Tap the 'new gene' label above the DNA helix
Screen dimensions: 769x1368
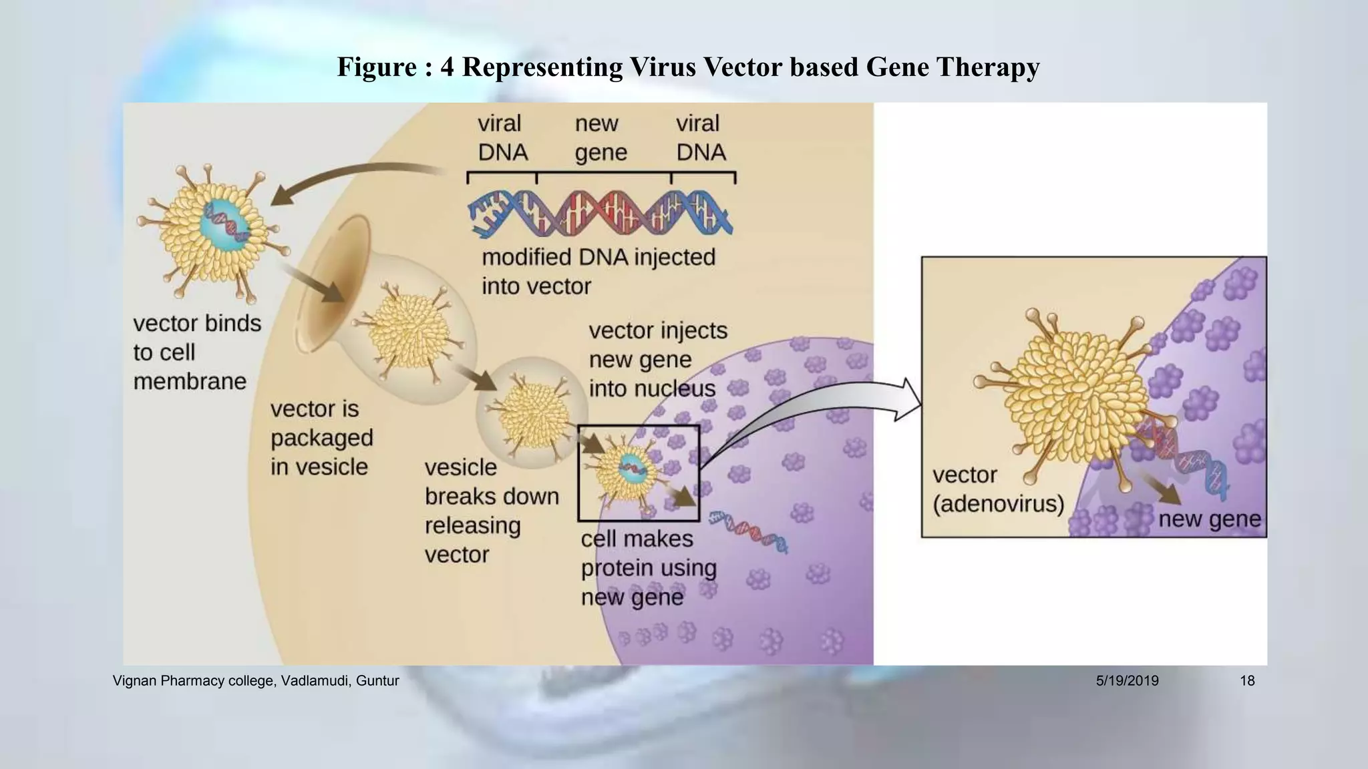tap(601, 138)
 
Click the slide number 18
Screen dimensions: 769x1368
tap(1246, 681)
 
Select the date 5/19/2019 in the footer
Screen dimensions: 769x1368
tap(1127, 681)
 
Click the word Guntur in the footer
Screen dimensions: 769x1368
tap(377, 681)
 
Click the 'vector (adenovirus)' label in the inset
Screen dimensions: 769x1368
tap(997, 489)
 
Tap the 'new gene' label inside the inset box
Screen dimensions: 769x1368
tap(1209, 519)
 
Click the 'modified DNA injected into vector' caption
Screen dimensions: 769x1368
tap(598, 272)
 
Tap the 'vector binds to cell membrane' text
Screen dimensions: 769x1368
tap(196, 352)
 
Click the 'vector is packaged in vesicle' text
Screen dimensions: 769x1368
tap(321, 438)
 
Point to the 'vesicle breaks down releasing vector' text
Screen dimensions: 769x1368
tap(491, 511)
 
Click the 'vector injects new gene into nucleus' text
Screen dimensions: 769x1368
tap(657, 359)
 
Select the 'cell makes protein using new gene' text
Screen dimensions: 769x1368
tap(648, 568)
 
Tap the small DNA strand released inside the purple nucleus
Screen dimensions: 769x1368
tap(749, 532)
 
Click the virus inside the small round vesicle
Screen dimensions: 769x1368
tap(532, 413)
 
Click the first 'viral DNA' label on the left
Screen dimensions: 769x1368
tap(502, 138)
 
